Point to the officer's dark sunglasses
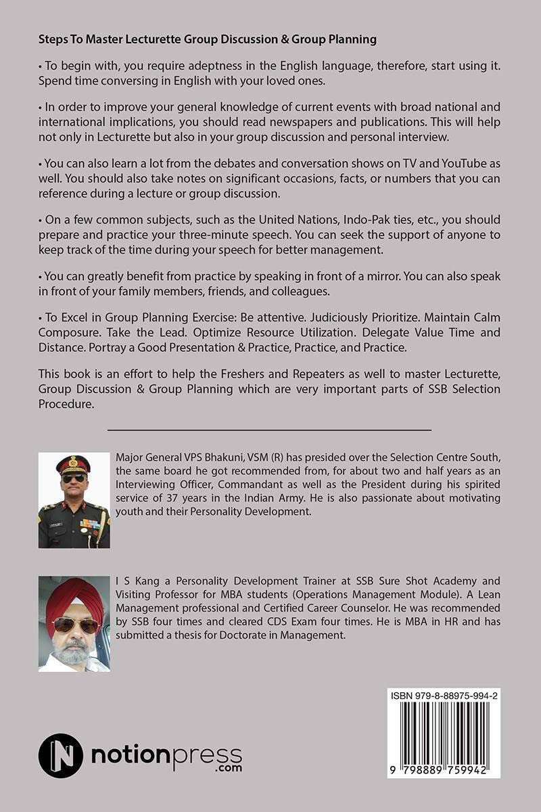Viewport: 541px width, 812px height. coord(74,478)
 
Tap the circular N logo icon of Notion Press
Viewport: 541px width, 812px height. coord(61,755)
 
